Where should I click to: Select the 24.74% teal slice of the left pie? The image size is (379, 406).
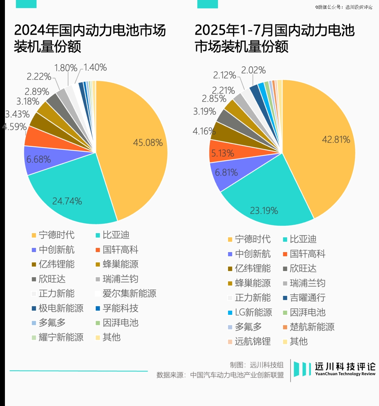click(x=70, y=196)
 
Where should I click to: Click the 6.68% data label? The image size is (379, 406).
click(x=39, y=160)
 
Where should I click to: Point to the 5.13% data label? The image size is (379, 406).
click(x=222, y=154)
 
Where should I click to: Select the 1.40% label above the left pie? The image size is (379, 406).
click(x=95, y=67)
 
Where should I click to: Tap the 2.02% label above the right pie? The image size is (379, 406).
click(x=253, y=70)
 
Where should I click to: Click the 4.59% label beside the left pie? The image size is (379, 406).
click(x=14, y=127)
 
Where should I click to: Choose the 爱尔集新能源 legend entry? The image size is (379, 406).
click(x=129, y=293)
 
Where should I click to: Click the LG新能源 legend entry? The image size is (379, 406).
click(x=253, y=312)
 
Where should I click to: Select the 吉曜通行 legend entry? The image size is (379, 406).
click(x=307, y=298)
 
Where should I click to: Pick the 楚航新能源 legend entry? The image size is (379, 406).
click(x=312, y=327)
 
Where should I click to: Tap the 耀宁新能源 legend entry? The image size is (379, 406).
click(x=61, y=337)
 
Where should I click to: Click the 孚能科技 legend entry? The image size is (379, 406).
click(x=120, y=308)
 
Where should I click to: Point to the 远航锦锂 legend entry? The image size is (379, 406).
click(x=253, y=341)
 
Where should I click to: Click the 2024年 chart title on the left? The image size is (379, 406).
click(x=89, y=38)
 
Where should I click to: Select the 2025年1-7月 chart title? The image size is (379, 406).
click(x=274, y=38)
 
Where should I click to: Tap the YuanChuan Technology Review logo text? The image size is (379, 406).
click(x=345, y=374)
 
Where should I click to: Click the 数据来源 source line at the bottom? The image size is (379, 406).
click(x=220, y=375)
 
